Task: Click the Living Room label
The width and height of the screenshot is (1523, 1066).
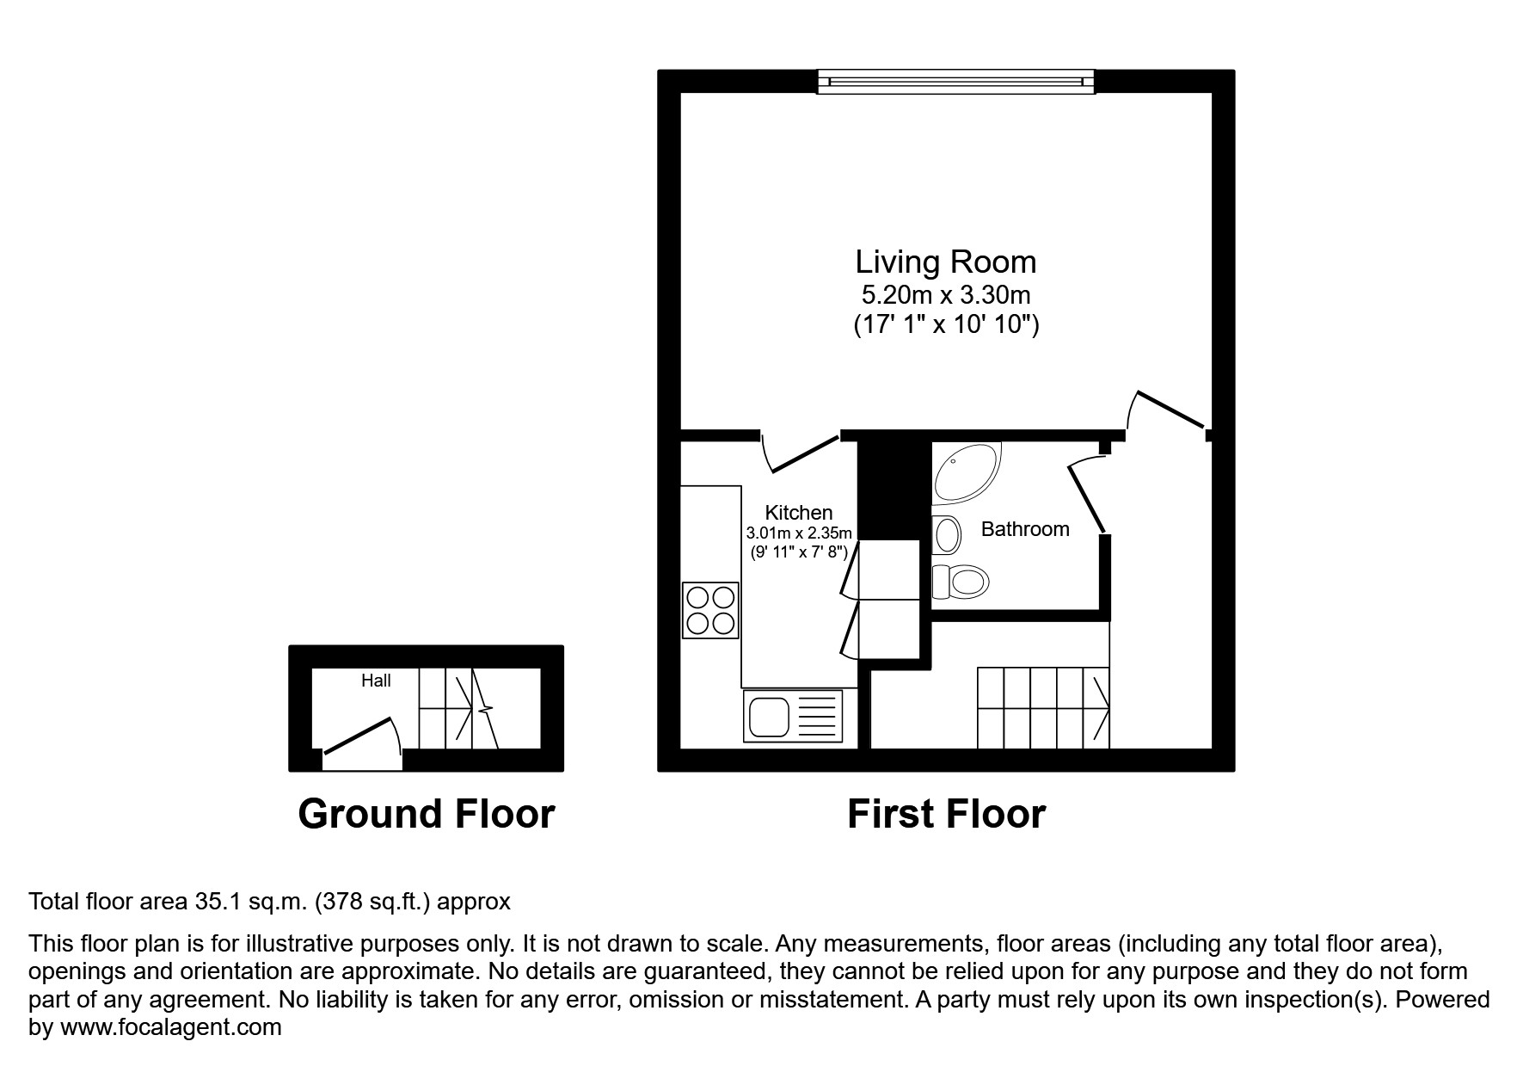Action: [x=945, y=262]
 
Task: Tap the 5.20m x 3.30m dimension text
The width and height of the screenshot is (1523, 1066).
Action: [x=945, y=295]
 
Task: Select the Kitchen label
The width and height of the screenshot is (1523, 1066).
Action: [x=798, y=513]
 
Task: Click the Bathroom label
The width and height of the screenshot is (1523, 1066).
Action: [x=1025, y=529]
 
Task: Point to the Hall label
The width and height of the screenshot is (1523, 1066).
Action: [x=376, y=681]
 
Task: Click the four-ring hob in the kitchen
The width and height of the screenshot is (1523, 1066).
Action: [x=710, y=610]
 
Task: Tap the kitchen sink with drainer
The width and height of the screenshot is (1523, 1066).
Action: [x=794, y=716]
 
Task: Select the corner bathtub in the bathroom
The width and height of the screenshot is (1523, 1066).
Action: [x=963, y=473]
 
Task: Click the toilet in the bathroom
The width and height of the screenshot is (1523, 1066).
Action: [x=961, y=582]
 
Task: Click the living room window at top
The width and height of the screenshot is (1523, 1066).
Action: [x=955, y=82]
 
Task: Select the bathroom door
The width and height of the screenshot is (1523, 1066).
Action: [x=1087, y=497]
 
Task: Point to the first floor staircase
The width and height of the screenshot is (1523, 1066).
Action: [x=1042, y=707]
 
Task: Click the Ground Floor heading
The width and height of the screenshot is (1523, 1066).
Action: [x=426, y=814]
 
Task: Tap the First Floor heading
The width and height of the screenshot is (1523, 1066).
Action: [x=946, y=814]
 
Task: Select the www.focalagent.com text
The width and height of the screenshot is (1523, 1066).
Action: [x=170, y=1027]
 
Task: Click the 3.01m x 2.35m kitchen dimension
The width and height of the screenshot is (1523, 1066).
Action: [x=799, y=533]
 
